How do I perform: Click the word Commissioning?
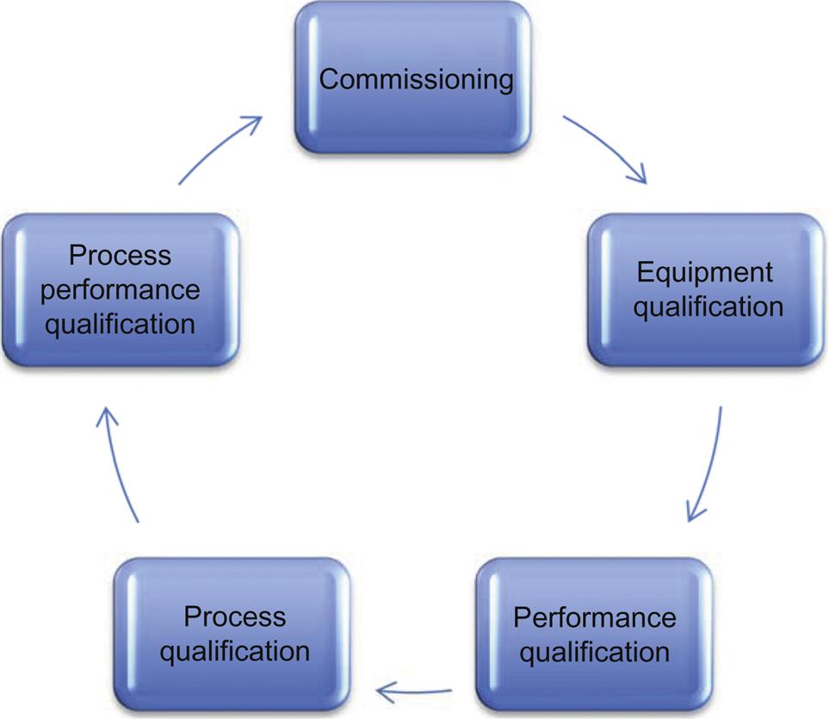tap(416, 80)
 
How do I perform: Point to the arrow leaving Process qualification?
tap(119, 465)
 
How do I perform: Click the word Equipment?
tap(705, 273)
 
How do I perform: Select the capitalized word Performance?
tap(594, 617)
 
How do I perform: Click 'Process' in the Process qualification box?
tap(235, 617)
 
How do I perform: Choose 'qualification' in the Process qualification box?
tap(235, 650)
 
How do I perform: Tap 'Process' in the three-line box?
tap(121, 256)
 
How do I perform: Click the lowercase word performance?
tap(121, 289)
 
